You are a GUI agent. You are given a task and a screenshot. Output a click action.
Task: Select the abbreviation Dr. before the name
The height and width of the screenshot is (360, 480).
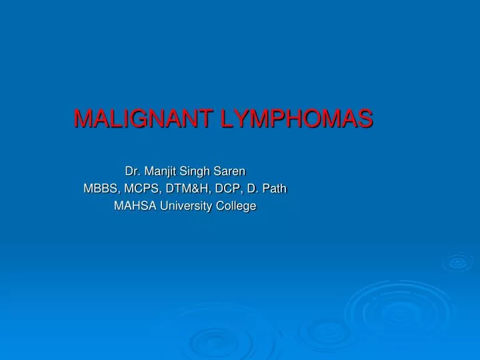click(x=133, y=171)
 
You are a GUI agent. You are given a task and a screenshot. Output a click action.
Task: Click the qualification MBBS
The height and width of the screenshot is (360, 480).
click(x=98, y=189)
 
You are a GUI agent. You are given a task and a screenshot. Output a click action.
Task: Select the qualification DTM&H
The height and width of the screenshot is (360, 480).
click(x=179, y=189)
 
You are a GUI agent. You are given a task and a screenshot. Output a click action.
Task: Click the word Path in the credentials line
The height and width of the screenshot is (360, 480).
click(x=274, y=189)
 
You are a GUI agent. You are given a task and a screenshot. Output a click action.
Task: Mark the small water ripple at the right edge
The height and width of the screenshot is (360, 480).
click(x=458, y=263)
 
